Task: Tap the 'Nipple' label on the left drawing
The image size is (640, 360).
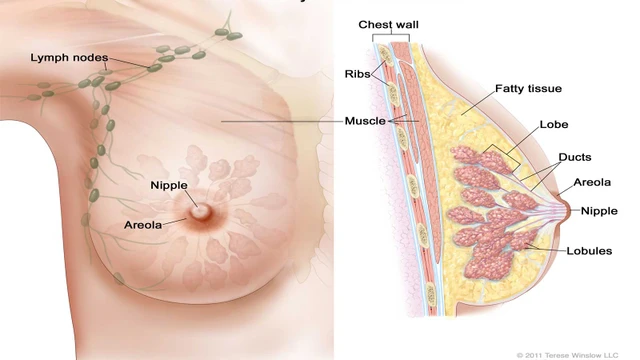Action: pyautogui.click(x=169, y=185)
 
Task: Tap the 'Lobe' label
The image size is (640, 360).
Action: pyautogui.click(x=553, y=125)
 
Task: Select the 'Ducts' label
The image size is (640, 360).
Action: pyautogui.click(x=576, y=157)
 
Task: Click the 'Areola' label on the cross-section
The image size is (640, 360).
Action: pyautogui.click(x=594, y=183)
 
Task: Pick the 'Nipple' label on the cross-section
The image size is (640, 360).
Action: pyautogui.click(x=599, y=211)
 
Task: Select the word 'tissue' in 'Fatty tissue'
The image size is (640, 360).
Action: pyautogui.click(x=545, y=88)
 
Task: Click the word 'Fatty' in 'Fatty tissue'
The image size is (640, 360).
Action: pyautogui.click(x=509, y=88)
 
